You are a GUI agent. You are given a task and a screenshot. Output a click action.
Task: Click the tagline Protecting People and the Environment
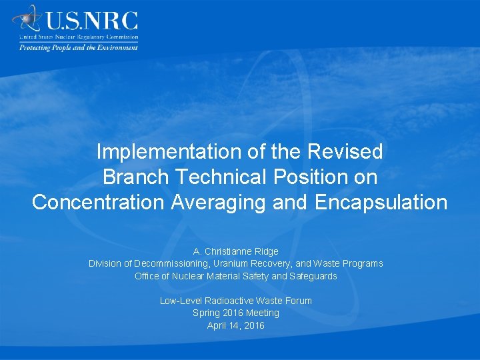click(x=78, y=47)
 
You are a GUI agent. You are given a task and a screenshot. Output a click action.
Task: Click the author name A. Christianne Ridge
click(x=236, y=251)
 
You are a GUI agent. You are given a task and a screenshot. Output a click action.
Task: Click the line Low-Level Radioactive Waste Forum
click(x=236, y=301)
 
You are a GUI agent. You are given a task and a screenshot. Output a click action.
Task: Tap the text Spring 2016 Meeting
click(x=236, y=313)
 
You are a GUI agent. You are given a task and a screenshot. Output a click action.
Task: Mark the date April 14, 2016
click(x=236, y=325)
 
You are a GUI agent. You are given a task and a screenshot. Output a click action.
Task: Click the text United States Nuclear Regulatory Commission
click(x=79, y=37)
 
